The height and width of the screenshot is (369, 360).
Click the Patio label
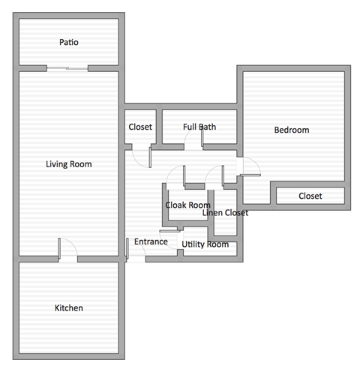(x=69, y=43)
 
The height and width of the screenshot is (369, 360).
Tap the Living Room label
(x=69, y=164)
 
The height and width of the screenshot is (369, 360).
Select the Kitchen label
(x=69, y=308)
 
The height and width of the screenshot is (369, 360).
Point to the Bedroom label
(x=291, y=130)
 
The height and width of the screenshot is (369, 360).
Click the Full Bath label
(x=199, y=127)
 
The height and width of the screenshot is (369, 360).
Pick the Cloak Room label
(x=187, y=205)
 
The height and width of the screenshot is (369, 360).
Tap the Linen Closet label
(x=225, y=213)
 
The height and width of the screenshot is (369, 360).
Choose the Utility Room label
(x=205, y=244)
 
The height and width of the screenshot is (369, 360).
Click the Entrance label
(x=151, y=242)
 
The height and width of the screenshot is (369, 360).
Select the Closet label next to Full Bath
(x=141, y=127)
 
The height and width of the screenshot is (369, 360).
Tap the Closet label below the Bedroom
(x=310, y=196)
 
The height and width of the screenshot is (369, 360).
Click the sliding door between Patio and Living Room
(x=67, y=70)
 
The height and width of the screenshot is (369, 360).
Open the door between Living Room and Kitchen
(x=67, y=251)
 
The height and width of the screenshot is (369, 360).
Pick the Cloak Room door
(x=177, y=175)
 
